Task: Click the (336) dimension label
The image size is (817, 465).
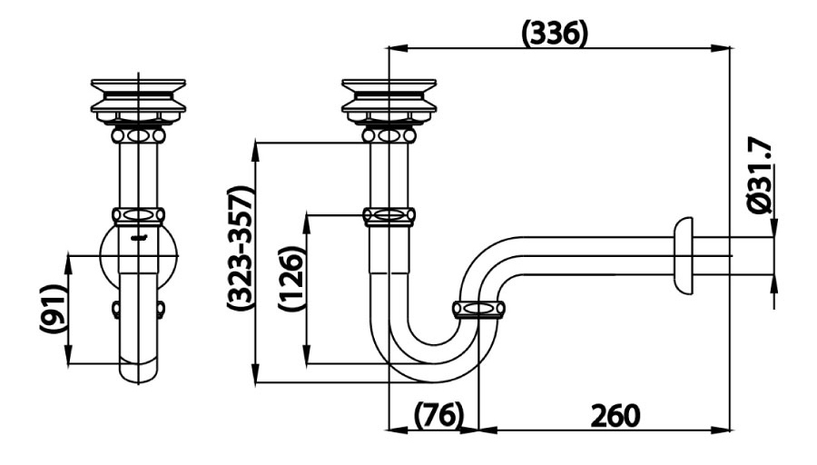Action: [556, 34]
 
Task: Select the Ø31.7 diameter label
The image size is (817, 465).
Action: [762, 175]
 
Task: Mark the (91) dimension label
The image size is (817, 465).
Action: [54, 311]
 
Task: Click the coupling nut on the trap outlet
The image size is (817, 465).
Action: [478, 310]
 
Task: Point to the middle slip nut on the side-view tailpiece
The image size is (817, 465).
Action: [389, 217]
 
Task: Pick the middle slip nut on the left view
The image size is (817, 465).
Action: [138, 217]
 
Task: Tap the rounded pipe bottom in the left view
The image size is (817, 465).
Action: [138, 372]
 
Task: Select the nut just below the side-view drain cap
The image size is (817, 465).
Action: [389, 135]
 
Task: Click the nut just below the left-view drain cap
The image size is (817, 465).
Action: [138, 135]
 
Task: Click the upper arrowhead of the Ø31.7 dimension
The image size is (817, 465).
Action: [773, 229]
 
